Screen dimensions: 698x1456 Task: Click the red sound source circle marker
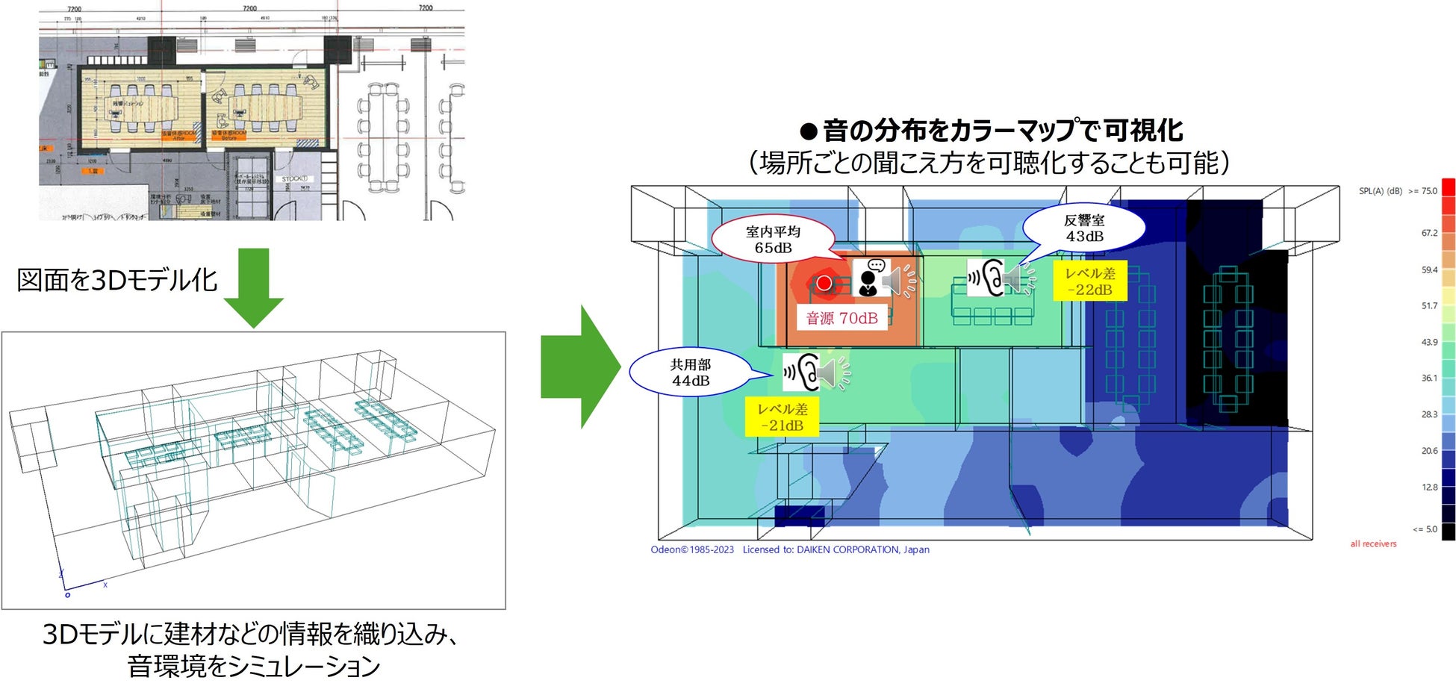point(824,283)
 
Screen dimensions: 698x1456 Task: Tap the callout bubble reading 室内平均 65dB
point(773,240)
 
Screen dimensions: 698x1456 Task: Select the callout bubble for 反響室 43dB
point(1084,228)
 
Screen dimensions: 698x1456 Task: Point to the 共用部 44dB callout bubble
point(691,373)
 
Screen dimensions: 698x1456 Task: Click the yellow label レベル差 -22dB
point(1089,281)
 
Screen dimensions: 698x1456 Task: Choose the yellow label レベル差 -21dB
point(782,417)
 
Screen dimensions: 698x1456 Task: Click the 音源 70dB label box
point(841,318)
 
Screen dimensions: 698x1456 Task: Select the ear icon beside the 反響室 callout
point(987,278)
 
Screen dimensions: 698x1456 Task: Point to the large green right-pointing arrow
point(580,367)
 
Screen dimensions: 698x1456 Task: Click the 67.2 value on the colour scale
point(1429,233)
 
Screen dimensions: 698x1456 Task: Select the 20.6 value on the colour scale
point(1429,451)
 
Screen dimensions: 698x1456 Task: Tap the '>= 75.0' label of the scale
point(1422,191)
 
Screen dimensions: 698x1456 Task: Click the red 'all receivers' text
point(1373,544)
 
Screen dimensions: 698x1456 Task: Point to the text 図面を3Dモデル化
point(117,281)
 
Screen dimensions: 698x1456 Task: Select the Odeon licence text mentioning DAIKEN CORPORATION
point(790,550)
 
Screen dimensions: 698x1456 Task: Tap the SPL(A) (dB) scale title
point(1380,191)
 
